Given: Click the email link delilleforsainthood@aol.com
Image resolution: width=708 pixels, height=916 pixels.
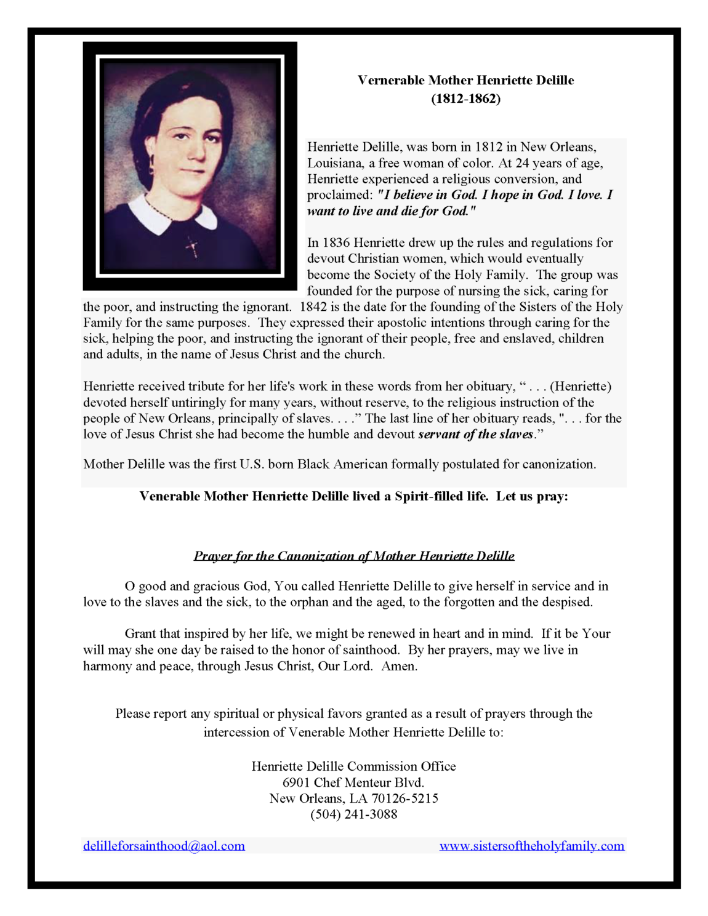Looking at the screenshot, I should point(164,846).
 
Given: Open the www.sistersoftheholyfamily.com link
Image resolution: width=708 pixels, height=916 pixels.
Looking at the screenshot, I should point(532,846).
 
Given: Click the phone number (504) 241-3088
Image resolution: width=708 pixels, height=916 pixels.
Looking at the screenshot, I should point(354,814).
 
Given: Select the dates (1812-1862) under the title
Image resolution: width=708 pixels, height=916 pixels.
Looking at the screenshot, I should point(465,98).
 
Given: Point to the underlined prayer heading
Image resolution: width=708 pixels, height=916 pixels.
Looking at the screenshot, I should point(354,556).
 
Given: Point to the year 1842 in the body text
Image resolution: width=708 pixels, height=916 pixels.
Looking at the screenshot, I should point(313,307).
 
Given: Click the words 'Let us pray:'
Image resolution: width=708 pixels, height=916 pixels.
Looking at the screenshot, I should point(532,496).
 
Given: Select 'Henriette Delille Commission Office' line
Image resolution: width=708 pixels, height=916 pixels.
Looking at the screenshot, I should point(354,766).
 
